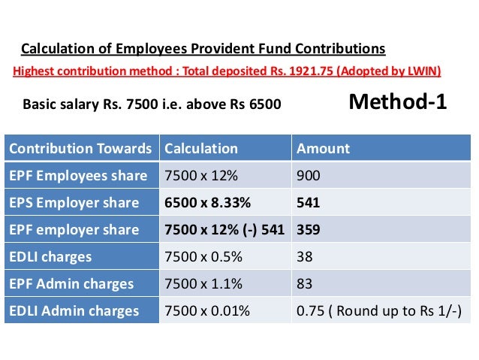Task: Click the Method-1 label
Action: (398, 103)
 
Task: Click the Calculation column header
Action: (200, 148)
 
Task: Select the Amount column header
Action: (323, 148)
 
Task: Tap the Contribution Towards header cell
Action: (80, 148)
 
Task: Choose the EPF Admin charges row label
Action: (71, 283)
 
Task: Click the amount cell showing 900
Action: (309, 175)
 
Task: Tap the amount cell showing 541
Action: (309, 202)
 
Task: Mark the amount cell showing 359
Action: (309, 229)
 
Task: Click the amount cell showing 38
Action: (305, 256)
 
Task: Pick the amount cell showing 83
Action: (305, 283)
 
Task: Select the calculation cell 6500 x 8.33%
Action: (207, 202)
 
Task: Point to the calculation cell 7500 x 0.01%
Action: (206, 310)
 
